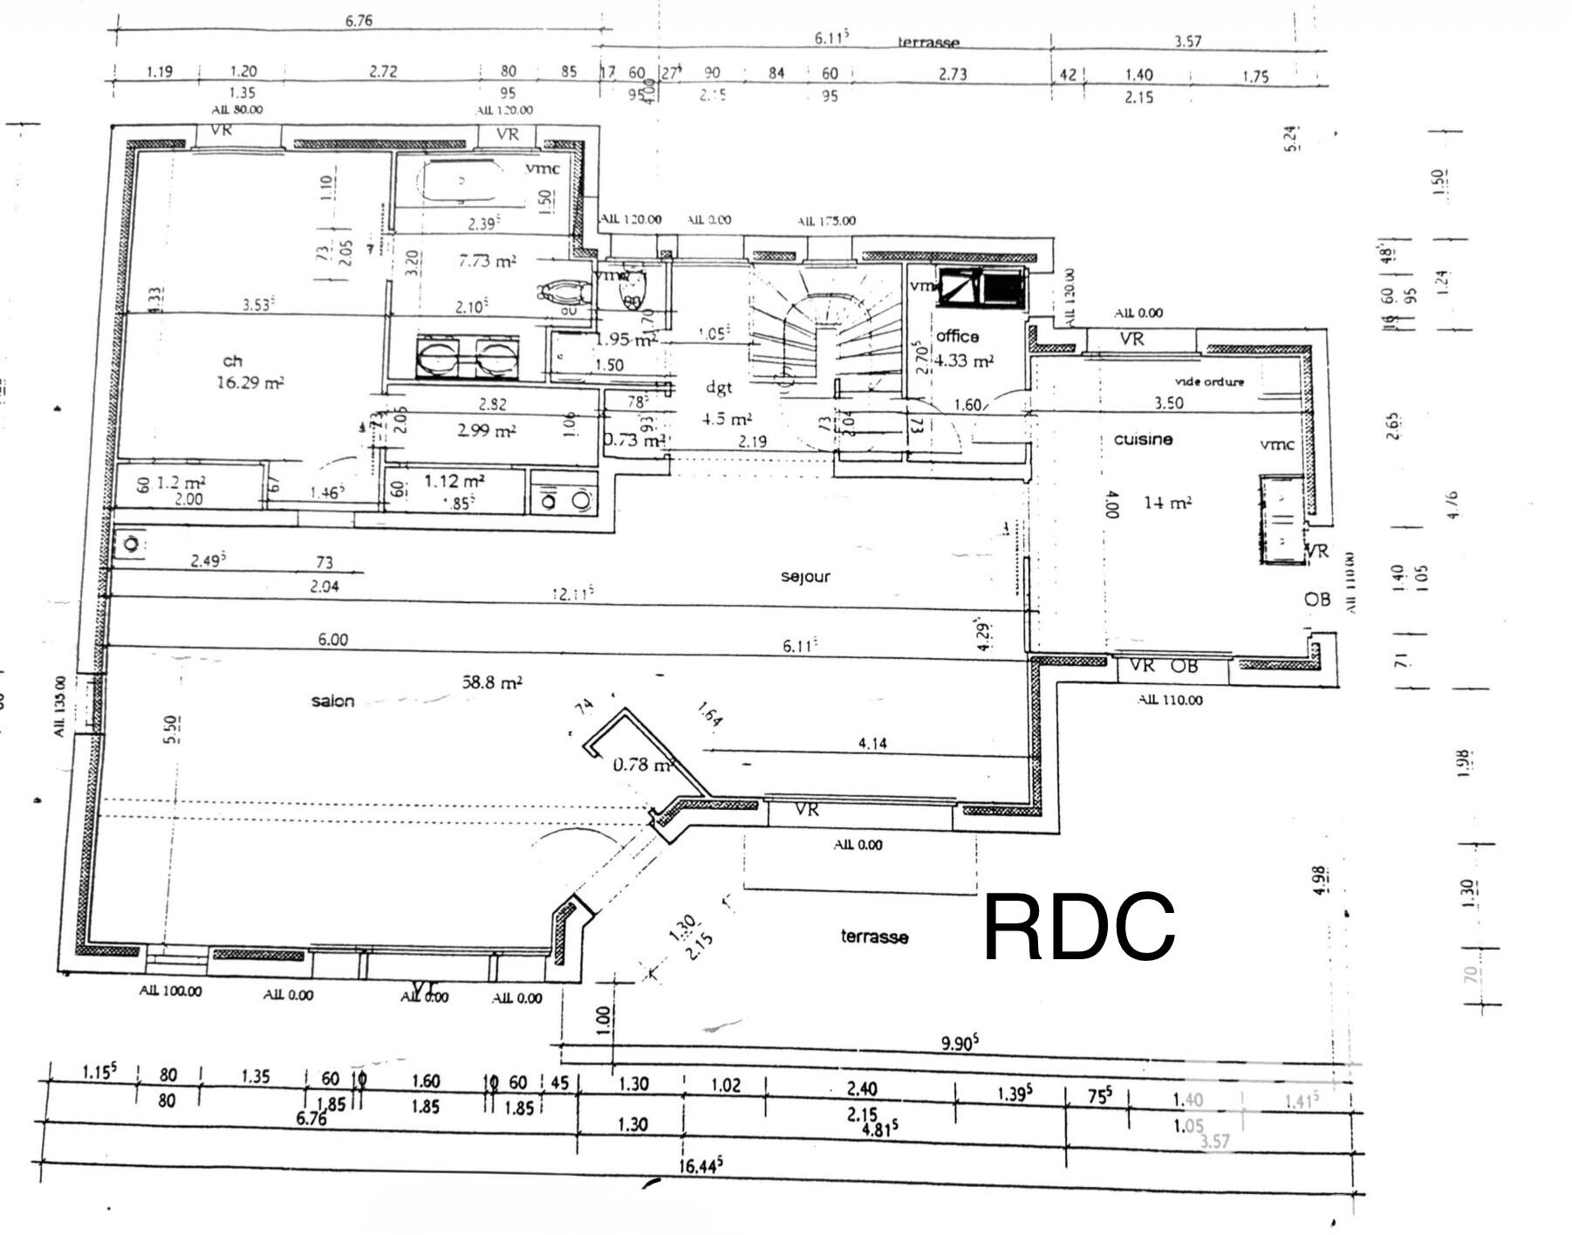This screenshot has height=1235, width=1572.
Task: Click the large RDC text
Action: click(1079, 927)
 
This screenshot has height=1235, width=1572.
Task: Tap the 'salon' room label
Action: click(332, 701)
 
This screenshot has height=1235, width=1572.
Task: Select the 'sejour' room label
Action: click(805, 577)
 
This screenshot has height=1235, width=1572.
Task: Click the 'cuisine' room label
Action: click(1143, 439)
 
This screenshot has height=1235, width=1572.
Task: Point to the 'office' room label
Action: click(957, 336)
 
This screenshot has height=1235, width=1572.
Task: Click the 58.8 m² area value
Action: click(492, 682)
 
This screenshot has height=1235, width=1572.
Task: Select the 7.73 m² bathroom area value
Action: click(487, 260)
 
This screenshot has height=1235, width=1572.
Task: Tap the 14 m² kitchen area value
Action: click(1167, 503)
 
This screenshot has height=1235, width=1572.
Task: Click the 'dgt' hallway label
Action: click(719, 388)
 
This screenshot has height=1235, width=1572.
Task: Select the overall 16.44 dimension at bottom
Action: click(701, 1166)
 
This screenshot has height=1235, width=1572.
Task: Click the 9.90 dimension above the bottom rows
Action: click(959, 1043)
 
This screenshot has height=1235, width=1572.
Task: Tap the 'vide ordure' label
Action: click(1209, 381)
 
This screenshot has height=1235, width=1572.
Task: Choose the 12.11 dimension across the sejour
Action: click(573, 593)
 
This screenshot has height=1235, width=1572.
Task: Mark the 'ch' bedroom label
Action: click(232, 360)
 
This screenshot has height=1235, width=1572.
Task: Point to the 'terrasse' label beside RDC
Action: click(874, 937)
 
